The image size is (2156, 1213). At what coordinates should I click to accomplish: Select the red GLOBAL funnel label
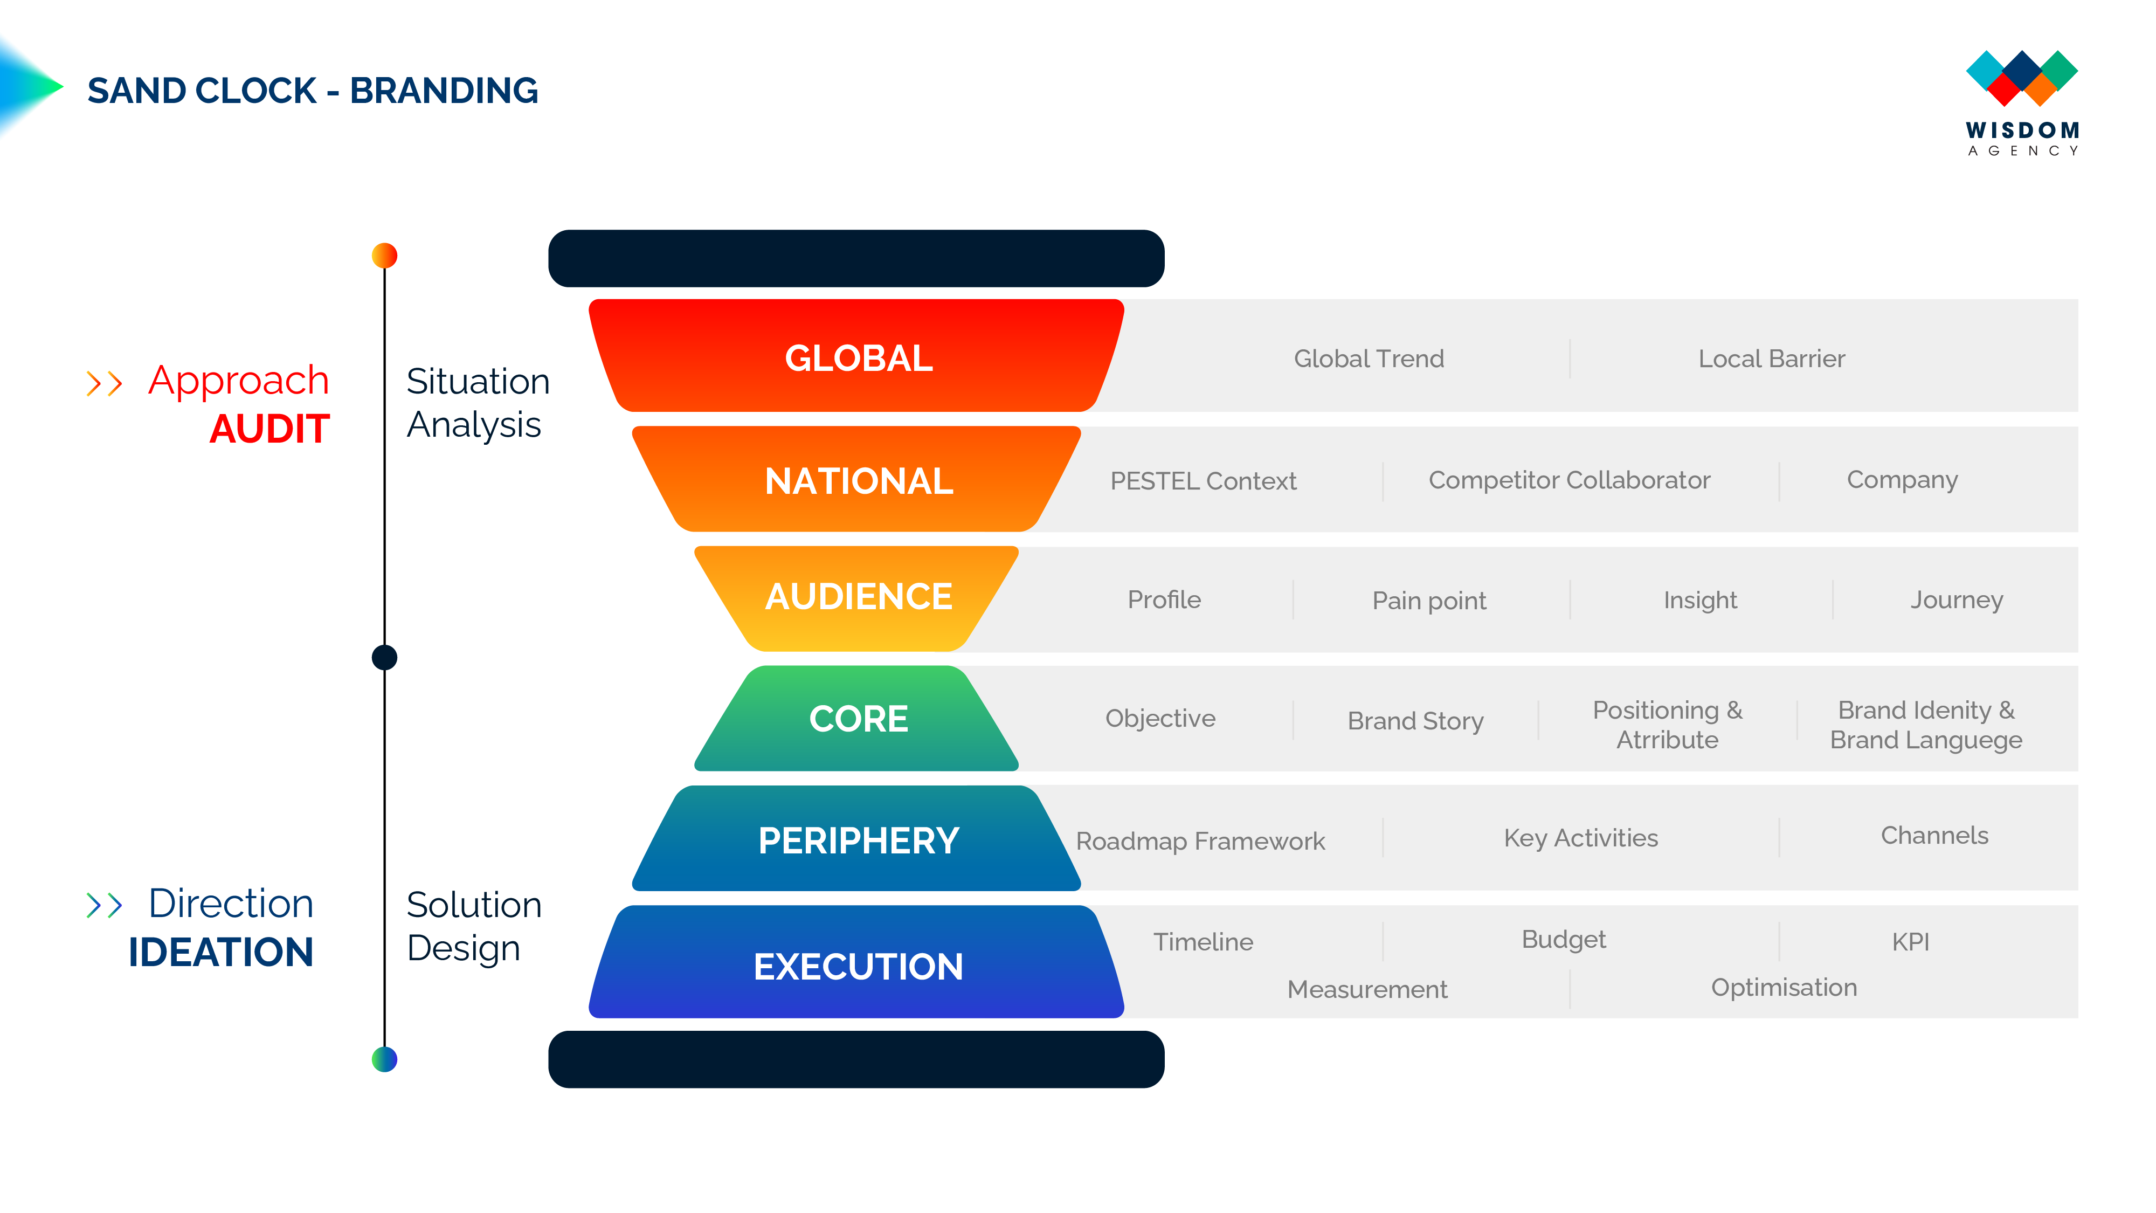click(859, 359)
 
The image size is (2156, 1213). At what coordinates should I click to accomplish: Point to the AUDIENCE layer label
click(859, 597)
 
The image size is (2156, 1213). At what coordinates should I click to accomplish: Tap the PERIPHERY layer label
click(859, 840)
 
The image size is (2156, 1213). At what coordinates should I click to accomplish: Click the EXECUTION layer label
click(859, 967)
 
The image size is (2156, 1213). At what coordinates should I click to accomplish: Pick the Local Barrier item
click(1771, 359)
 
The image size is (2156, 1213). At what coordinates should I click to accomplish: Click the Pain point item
click(1429, 601)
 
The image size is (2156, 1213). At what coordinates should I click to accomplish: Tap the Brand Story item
click(1415, 721)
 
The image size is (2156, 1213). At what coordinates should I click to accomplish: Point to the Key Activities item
click(1580, 838)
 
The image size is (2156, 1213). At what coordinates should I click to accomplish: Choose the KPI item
click(1911, 942)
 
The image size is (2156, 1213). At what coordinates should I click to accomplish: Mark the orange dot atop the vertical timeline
click(384, 256)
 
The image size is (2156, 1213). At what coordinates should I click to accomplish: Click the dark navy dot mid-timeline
click(384, 657)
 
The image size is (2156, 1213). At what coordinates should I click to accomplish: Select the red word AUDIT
click(269, 430)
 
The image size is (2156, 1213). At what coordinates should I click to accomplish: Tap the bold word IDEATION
click(221, 953)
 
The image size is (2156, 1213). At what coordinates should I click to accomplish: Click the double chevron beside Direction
click(105, 905)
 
